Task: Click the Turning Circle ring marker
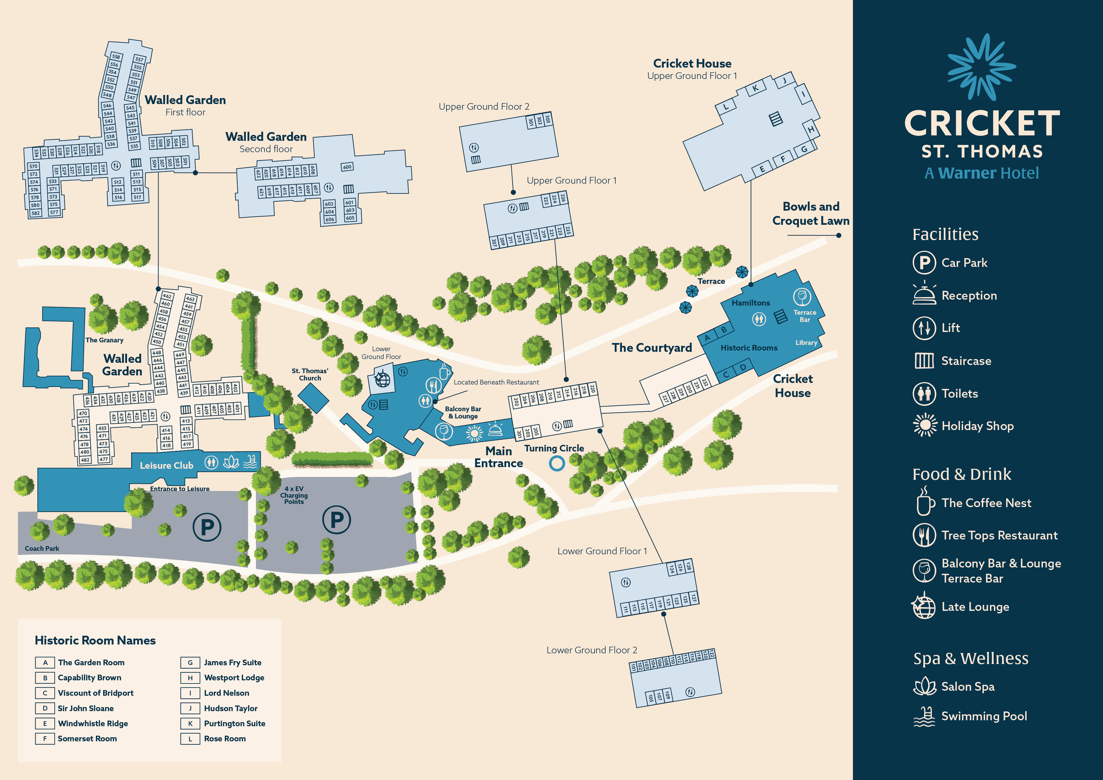(557, 463)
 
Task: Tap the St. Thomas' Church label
(310, 375)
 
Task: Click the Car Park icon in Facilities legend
(924, 263)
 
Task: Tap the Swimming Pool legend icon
(924, 716)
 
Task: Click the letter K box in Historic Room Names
(190, 723)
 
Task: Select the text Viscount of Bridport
(96, 693)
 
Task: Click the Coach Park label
(42, 549)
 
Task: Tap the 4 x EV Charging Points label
(294, 495)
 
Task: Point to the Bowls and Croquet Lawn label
(811, 214)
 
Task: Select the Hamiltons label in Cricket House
(751, 303)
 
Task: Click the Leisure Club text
(166, 465)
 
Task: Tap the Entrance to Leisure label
(180, 489)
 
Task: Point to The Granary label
(104, 340)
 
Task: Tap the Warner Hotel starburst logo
(981, 67)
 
